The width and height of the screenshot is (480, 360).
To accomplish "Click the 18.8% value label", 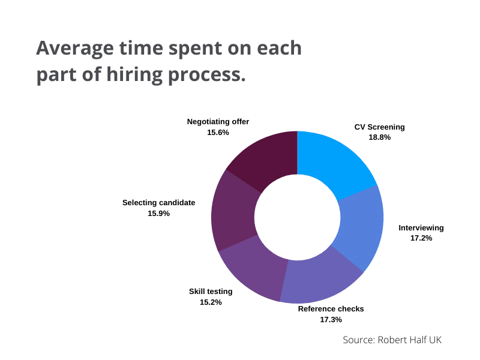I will [x=379, y=137].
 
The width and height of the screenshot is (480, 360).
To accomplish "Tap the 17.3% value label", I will [x=331, y=319].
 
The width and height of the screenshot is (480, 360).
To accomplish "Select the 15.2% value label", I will [x=211, y=302].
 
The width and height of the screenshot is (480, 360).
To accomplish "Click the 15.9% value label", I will [x=158, y=213].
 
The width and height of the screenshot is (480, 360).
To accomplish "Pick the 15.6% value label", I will [x=218, y=132].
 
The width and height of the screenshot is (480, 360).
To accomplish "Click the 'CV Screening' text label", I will [x=379, y=127].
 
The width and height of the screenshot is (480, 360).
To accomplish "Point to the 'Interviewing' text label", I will [x=421, y=228].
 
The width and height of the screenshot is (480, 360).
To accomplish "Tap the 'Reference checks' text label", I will [x=331, y=309].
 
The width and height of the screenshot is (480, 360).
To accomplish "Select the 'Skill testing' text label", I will [x=211, y=292].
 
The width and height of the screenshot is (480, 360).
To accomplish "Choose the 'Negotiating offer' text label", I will [x=218, y=122].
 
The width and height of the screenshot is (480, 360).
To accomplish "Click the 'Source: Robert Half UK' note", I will [x=392, y=340].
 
